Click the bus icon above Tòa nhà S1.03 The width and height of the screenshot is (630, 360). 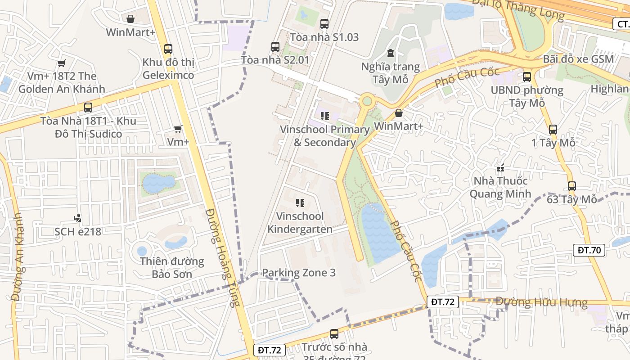click(324, 24)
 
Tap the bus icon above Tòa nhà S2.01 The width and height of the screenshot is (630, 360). click(275, 47)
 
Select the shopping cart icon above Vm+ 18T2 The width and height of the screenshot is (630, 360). click(61, 63)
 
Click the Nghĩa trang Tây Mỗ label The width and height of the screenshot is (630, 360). click(390, 73)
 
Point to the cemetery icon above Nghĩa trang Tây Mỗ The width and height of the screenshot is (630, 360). click(390, 54)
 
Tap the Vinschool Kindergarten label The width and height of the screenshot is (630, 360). click(300, 223)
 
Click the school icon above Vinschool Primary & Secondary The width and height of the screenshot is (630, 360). click(324, 116)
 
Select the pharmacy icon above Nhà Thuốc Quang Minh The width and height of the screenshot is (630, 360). click(500, 168)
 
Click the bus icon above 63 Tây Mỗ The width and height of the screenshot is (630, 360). click(571, 186)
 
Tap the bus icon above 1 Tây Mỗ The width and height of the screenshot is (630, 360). click(553, 130)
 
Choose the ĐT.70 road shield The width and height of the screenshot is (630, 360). click(589, 250)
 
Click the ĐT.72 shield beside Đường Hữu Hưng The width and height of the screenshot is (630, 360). click(442, 302)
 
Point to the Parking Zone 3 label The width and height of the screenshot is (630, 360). click(298, 273)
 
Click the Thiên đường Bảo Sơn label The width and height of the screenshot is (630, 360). click(172, 268)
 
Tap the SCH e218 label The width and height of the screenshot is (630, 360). click(77, 232)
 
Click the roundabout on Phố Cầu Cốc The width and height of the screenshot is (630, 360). click(367, 100)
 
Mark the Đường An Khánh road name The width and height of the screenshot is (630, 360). click(18, 256)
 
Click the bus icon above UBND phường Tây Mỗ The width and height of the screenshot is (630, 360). click(526, 77)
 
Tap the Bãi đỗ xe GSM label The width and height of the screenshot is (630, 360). click(578, 59)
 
